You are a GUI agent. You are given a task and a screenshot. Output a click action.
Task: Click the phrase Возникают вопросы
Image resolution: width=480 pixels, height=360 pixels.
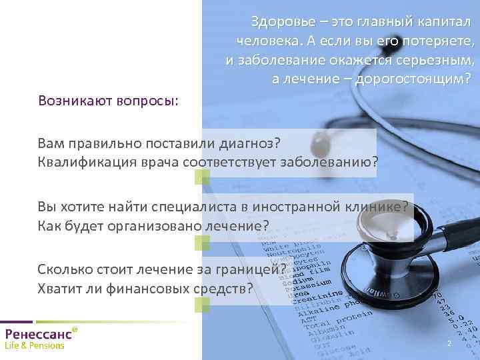tap(108, 101)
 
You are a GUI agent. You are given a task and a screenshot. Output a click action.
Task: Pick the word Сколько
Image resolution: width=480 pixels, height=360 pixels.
tap(64, 270)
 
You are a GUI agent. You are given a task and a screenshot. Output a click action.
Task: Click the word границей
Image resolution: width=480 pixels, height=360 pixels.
tap(255, 270)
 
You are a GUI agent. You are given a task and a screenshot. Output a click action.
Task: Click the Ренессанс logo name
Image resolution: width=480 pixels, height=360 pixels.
tap(37, 334)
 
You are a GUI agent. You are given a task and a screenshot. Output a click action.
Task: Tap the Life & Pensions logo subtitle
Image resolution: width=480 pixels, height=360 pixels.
tap(35, 346)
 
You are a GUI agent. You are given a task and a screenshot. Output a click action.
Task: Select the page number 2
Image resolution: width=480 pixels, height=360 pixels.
tap(449, 344)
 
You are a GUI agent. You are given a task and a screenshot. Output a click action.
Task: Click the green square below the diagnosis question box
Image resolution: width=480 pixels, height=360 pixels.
tap(202, 177)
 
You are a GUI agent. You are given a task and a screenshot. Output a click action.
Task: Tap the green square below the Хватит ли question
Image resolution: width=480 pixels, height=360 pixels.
tap(202, 305)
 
